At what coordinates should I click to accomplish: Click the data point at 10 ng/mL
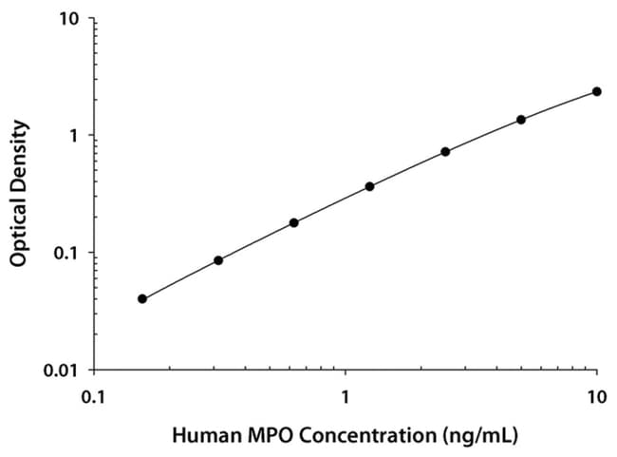pyautogui.click(x=597, y=91)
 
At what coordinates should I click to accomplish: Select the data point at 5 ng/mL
pyautogui.click(x=521, y=120)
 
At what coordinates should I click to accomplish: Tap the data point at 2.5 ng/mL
pyautogui.click(x=445, y=151)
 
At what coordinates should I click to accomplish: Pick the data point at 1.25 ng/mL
pyautogui.click(x=369, y=186)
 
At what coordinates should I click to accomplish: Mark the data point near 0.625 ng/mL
pyautogui.click(x=294, y=222)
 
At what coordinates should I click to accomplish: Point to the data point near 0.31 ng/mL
pyautogui.click(x=218, y=260)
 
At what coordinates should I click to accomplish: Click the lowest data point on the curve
pyautogui.click(x=142, y=298)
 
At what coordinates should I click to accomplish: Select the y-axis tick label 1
pyautogui.click(x=74, y=136)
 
